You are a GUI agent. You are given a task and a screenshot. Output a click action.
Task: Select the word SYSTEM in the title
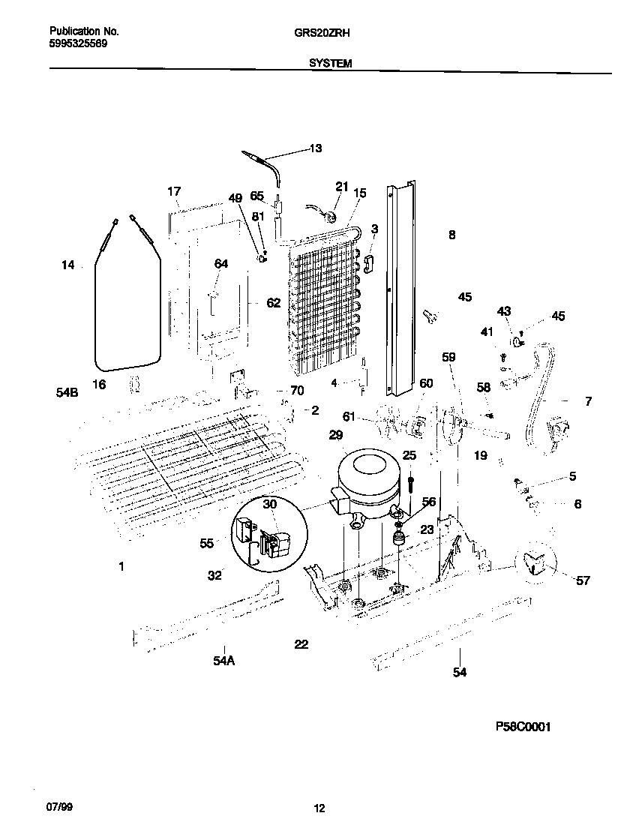[x=331, y=64]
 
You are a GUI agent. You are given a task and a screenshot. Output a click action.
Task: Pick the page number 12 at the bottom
[x=319, y=808]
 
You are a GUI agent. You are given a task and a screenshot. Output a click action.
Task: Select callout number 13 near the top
[x=315, y=148]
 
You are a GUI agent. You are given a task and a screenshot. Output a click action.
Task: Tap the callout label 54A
[x=223, y=660]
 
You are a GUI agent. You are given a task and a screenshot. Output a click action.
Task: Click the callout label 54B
[x=67, y=391]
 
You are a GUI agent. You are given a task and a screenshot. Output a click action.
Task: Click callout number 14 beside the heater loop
[x=68, y=265]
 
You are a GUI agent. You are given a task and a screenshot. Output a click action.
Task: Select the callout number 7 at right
[x=588, y=402]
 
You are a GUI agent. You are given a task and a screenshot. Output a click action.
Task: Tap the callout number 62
[x=273, y=303]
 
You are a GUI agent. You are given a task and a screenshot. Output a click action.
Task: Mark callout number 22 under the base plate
[x=301, y=644]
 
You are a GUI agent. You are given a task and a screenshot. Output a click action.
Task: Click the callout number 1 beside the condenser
[x=121, y=567]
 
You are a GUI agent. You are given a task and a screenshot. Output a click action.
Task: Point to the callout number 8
[x=451, y=235]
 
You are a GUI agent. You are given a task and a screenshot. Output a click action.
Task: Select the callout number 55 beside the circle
[x=207, y=542]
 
